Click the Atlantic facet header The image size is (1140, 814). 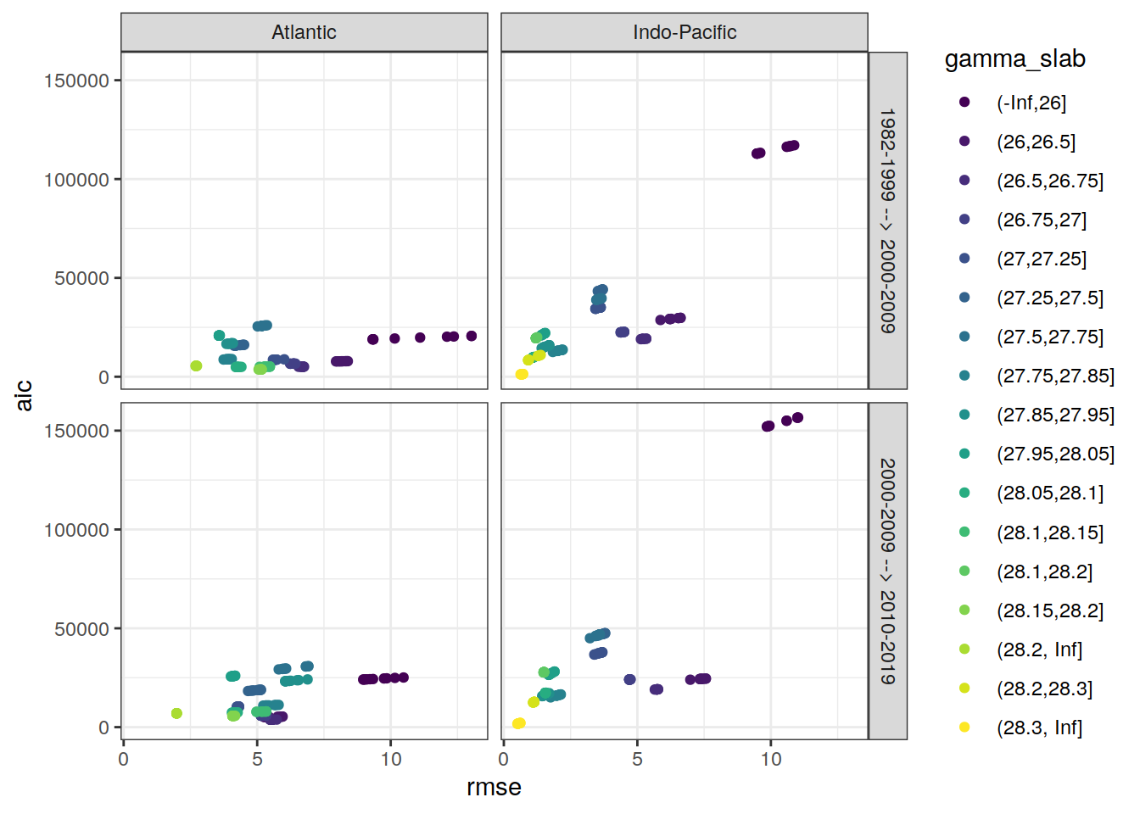click(x=304, y=32)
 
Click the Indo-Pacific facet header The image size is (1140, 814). click(x=685, y=32)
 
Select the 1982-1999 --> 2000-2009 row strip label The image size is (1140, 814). click(x=887, y=220)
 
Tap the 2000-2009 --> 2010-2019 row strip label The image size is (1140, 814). click(x=887, y=571)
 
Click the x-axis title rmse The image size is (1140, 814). click(x=494, y=787)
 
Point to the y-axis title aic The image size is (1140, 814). click(x=24, y=395)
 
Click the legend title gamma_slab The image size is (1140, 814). click(x=1014, y=59)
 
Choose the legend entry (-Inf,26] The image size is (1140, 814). click(x=1031, y=103)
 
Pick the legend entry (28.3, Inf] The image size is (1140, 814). click(x=1039, y=728)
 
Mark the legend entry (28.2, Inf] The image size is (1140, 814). click(x=1039, y=650)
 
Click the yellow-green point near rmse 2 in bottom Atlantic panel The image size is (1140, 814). click(x=176, y=713)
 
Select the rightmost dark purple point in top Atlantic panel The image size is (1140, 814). click(x=472, y=336)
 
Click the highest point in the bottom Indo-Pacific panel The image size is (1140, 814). click(x=797, y=418)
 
